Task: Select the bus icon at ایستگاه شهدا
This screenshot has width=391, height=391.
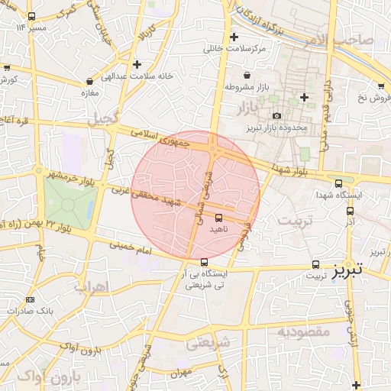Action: pos(339,183)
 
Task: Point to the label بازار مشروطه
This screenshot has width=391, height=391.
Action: pos(249,88)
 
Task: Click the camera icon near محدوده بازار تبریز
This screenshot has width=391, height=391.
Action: pos(276,116)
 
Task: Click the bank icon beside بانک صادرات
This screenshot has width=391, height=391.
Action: pos(30,299)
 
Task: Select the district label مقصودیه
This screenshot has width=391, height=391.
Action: pos(302,331)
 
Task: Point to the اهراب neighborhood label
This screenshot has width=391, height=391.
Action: pos(92,286)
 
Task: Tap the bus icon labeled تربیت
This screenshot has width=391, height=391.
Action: pos(315,265)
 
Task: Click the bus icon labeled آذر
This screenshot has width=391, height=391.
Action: pos(351,212)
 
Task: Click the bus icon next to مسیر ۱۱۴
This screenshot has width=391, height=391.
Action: pos(31,17)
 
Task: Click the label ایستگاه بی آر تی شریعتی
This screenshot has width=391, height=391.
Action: pos(205,278)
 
